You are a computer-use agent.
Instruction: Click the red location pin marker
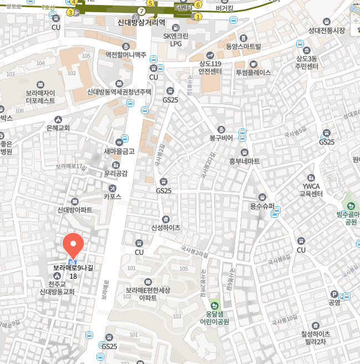[73, 245]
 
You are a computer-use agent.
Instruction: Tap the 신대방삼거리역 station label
[142, 23]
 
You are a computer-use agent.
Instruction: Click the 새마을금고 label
[119, 151]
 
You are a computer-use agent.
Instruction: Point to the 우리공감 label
[115, 173]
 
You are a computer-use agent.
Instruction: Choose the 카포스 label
[113, 196]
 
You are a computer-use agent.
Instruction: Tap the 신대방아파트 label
[75, 210]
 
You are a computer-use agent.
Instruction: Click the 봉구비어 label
[221, 137]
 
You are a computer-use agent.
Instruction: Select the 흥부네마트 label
[244, 161]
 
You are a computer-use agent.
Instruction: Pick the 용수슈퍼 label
[262, 206]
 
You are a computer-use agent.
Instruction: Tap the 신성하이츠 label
[165, 227]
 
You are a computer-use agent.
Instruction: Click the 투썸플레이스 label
[253, 72]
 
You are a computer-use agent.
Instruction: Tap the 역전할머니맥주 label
[126, 55]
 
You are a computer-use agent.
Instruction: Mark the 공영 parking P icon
[334, 294]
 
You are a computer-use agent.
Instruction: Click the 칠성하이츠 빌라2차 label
[315, 337]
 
